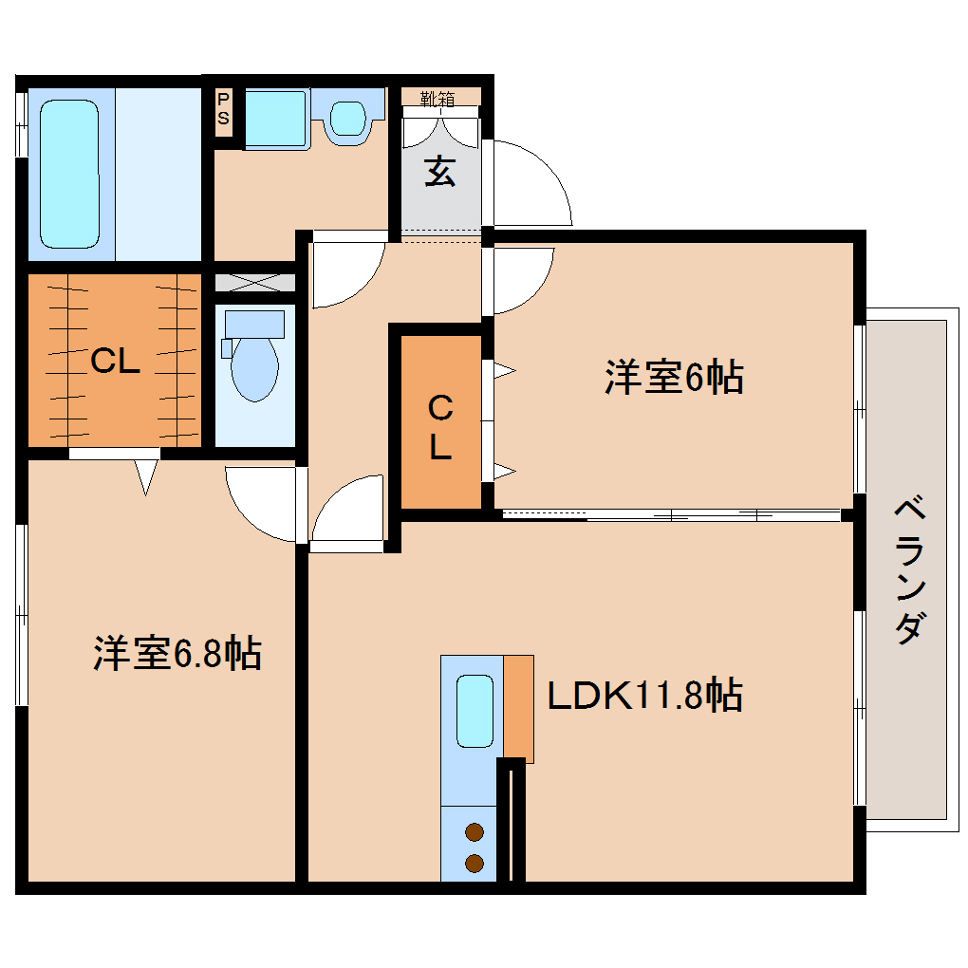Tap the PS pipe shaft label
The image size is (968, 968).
tap(224, 108)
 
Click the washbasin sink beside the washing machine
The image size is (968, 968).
tap(347, 117)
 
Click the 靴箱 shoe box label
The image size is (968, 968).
tap(438, 97)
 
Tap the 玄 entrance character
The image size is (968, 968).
tap(439, 172)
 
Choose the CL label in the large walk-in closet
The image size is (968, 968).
tap(115, 361)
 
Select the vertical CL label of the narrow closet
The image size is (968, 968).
tap(439, 429)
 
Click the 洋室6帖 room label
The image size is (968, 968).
tap(674, 378)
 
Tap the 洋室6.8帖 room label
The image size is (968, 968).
tap(177, 653)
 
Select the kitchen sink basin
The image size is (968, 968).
tap(475, 710)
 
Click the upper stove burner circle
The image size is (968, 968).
tap(475, 833)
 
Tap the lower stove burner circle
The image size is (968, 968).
tap(475, 864)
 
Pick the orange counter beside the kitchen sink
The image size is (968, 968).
tap(518, 706)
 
